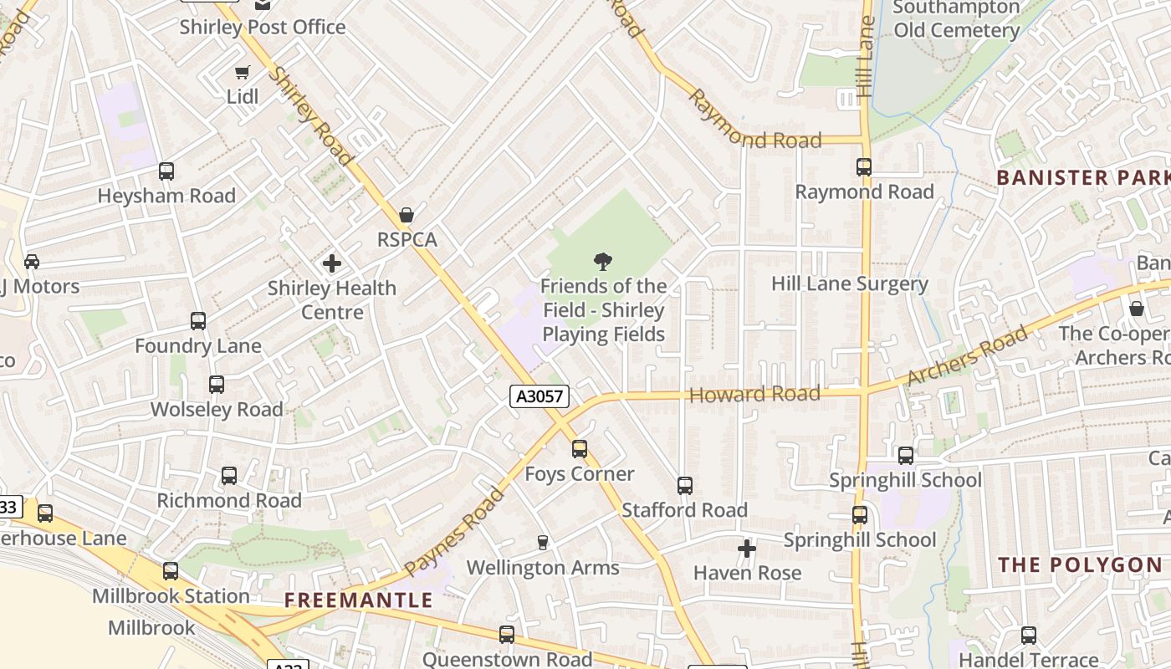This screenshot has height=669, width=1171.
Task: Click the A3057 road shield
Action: (539, 396)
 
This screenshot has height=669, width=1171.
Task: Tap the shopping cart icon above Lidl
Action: (243, 73)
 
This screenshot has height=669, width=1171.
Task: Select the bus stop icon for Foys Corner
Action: (580, 449)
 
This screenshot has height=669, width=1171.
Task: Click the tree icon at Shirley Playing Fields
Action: (602, 261)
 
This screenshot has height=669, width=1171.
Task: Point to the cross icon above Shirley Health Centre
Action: (332, 264)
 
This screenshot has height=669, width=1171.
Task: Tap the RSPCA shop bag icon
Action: (407, 216)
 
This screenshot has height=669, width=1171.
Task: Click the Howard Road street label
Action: (754, 394)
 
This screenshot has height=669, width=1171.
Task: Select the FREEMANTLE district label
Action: (358, 600)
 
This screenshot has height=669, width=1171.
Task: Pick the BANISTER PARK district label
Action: (1082, 177)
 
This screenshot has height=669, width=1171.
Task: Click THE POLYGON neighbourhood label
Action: (1080, 565)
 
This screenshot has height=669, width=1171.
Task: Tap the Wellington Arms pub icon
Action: (543, 543)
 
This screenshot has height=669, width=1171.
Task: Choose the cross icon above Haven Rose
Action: (747, 549)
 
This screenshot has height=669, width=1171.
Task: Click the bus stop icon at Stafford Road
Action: (684, 486)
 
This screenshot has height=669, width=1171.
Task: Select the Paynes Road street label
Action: (454, 532)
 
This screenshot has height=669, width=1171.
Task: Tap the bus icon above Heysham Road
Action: (166, 171)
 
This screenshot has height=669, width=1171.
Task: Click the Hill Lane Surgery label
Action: (849, 283)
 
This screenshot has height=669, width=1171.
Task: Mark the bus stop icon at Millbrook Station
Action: (171, 571)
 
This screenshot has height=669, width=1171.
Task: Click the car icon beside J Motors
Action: (32, 262)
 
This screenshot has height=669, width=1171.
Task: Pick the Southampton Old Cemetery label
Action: (956, 19)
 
